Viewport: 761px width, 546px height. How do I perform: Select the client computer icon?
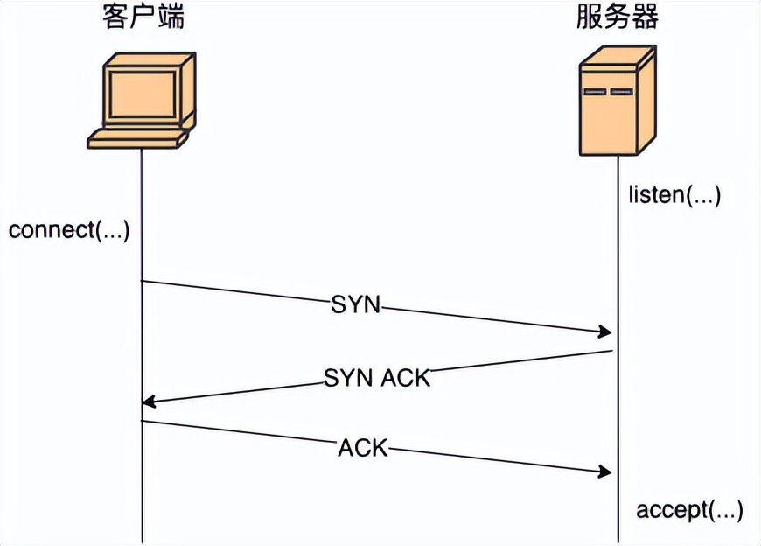point(142,100)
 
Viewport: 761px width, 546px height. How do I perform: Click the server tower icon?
point(617,101)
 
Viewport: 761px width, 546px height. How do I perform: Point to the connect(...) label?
point(69,231)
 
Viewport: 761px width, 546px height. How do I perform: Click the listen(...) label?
point(674,194)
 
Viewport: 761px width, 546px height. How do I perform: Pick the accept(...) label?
point(689,509)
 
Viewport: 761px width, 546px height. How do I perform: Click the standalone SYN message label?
point(356,305)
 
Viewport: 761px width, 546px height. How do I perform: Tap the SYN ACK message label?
point(377,378)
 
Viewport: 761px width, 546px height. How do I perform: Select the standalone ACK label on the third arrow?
point(362,448)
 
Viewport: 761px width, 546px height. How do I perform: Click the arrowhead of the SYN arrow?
point(604,332)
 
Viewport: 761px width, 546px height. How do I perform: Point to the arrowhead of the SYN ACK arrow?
point(149,402)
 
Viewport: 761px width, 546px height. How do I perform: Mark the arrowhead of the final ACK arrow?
point(604,472)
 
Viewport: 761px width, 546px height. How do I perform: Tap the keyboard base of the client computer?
point(137,137)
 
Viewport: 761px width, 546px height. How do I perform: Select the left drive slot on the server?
point(595,91)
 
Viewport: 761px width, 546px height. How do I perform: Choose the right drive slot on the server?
point(621,91)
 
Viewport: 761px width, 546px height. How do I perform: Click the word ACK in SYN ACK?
point(406,378)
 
